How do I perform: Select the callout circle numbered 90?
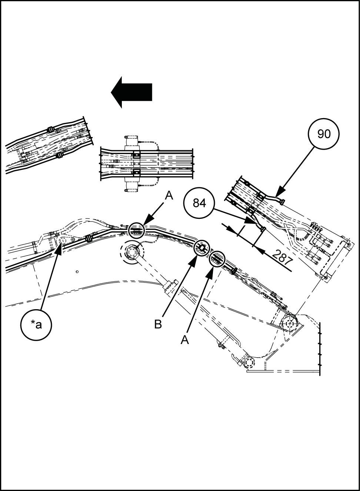(324, 134)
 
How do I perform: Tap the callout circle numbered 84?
(199, 203)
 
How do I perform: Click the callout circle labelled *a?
(36, 325)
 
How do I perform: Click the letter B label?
(158, 324)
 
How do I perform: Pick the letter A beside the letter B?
(185, 339)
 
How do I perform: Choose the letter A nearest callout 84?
(169, 195)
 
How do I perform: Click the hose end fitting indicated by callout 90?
(283, 201)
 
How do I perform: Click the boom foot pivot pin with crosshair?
(289, 323)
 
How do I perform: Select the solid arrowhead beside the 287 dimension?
(260, 251)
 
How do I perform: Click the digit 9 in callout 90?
(320, 134)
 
